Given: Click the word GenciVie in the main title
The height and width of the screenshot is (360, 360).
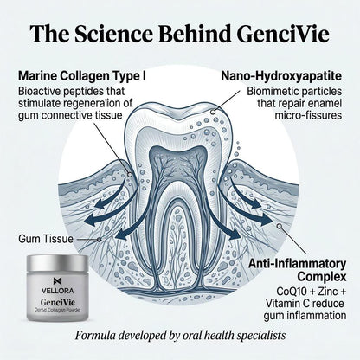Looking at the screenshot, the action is point(283,34).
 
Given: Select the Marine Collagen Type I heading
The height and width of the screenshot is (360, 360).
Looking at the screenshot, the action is point(82,77).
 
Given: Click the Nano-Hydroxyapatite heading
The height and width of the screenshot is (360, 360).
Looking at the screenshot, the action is point(281,77).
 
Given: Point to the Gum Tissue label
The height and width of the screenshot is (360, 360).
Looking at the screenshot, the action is point(46,239).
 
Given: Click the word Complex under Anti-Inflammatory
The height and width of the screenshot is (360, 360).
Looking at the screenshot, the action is point(322,277).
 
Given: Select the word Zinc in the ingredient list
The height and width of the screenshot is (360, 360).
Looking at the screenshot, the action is point(328,292).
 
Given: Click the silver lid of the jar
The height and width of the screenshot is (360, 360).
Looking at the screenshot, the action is point(57,263).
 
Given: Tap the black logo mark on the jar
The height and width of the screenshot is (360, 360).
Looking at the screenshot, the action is point(57,280).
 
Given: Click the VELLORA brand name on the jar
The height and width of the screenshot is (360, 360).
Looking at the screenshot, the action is point(57,291).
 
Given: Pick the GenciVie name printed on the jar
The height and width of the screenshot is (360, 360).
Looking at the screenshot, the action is point(57,302).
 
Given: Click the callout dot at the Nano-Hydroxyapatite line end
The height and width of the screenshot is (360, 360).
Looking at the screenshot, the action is point(213,112).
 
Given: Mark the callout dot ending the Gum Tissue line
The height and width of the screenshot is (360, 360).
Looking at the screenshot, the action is point(100,240).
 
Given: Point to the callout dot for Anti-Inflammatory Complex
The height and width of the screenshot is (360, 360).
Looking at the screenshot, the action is point(279,226).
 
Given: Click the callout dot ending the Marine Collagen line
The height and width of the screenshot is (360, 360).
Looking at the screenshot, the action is point(130,175).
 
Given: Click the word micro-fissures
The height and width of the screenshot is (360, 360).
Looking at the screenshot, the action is point(308,115).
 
